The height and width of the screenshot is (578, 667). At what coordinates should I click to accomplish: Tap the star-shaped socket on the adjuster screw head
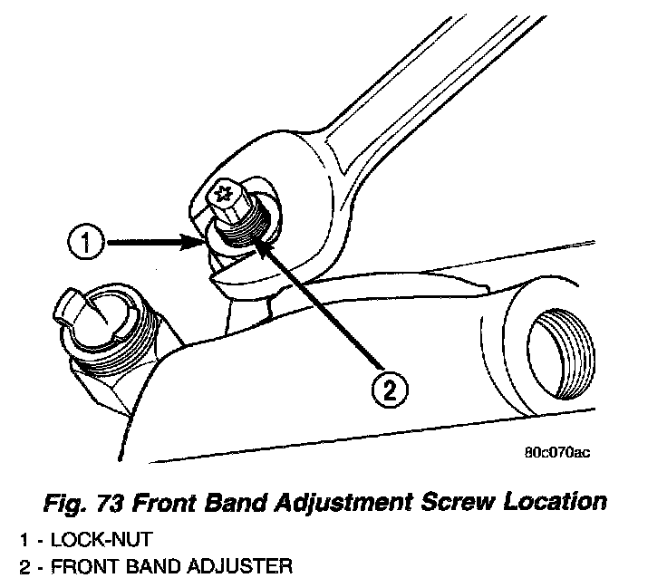(224, 193)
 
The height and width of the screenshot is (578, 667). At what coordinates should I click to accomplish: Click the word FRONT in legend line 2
(80, 567)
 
